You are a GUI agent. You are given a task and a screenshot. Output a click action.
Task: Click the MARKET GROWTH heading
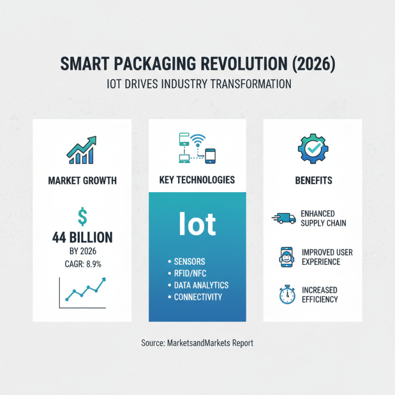pyautogui.click(x=82, y=180)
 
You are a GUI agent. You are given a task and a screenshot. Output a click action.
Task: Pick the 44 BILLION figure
pyautogui.click(x=82, y=238)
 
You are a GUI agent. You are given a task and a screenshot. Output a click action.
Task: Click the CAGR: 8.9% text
pyautogui.click(x=82, y=264)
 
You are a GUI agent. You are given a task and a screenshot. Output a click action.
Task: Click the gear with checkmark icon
pyautogui.click(x=313, y=147)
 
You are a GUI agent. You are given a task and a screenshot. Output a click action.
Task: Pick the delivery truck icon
pyautogui.click(x=283, y=218)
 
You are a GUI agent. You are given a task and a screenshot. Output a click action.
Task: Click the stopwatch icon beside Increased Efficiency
pyautogui.click(x=287, y=295)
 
